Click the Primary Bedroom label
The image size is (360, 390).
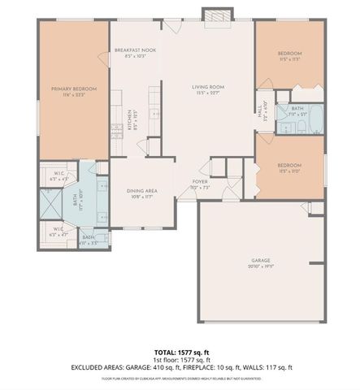point(74,90)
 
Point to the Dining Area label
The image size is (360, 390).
point(143,193)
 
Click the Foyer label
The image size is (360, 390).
point(199,184)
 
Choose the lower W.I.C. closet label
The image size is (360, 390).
point(58,231)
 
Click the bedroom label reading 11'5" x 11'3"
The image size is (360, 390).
point(290,56)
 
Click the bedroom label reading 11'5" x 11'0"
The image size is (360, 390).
point(290,167)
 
